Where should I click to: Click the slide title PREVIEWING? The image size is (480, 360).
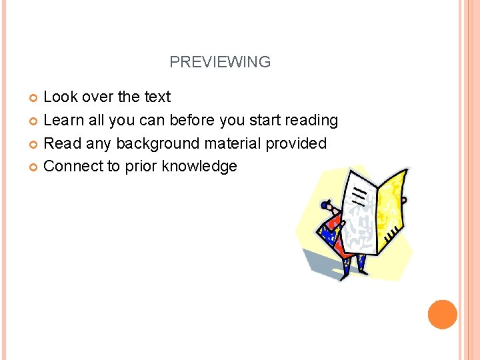pos(220,62)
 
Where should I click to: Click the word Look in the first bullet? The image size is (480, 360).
pos(59,97)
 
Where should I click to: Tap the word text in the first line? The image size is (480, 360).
pos(157,97)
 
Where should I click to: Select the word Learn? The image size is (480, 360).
pos(63,120)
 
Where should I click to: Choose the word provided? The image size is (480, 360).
pos(299,143)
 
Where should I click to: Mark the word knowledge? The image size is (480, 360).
pos(199,167)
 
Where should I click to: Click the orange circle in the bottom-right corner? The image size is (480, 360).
pos(443,314)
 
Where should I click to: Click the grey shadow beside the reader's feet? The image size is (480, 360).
pos(320,263)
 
